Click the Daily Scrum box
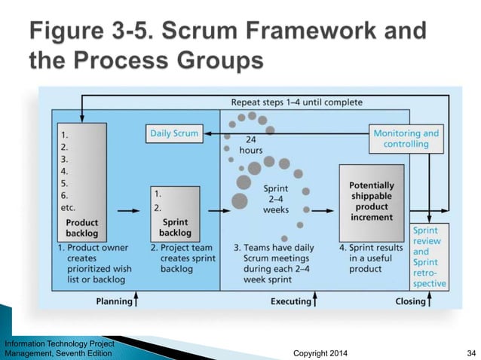[x=173, y=133]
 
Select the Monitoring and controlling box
[x=406, y=139]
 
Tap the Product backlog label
[x=81, y=227]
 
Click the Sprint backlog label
[x=175, y=227]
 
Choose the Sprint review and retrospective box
[x=430, y=257]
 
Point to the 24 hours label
[x=251, y=145]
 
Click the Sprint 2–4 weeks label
[x=275, y=200]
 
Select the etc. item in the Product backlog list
[x=67, y=207]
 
